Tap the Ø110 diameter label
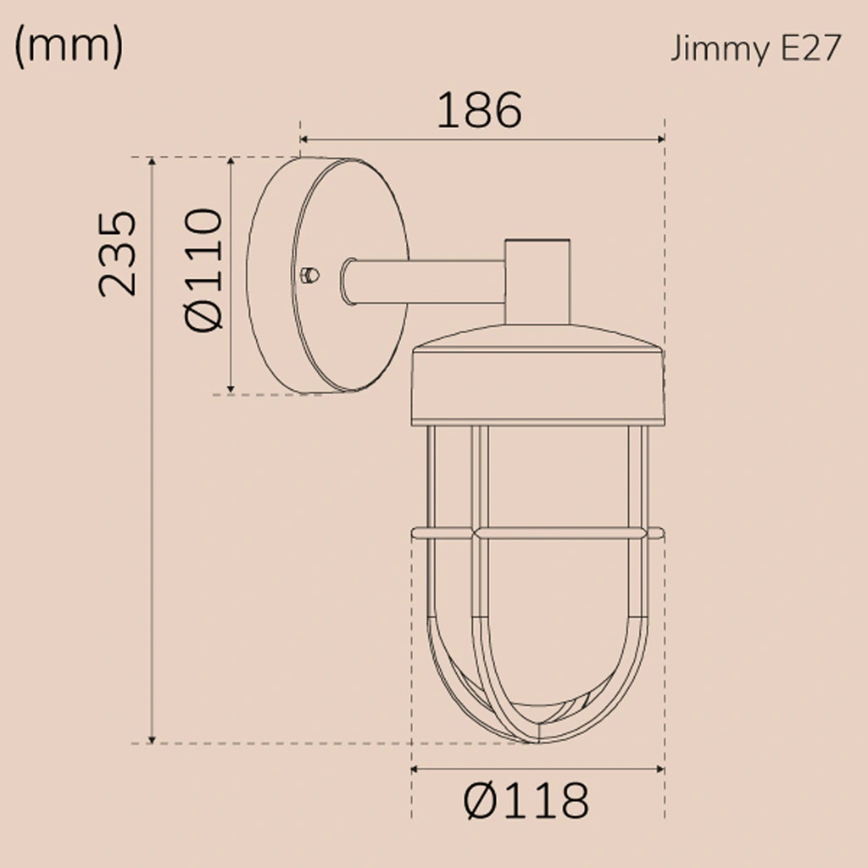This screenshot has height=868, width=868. click(203, 269)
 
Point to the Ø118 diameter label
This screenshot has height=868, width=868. click(526, 799)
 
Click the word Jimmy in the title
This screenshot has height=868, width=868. click(715, 49)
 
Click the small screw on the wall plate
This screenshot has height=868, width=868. click(310, 274)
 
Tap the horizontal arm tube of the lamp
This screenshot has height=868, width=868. click(424, 281)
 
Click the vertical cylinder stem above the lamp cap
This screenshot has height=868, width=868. click(537, 280)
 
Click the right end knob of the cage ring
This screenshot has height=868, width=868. click(657, 533)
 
